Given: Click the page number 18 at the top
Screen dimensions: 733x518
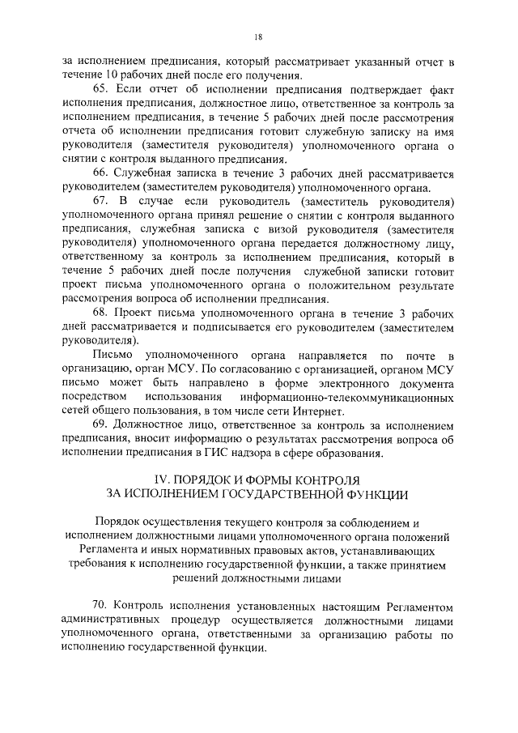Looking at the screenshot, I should pyautogui.click(x=258, y=36).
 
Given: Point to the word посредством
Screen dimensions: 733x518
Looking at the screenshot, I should pyautogui.click(x=95, y=398).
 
